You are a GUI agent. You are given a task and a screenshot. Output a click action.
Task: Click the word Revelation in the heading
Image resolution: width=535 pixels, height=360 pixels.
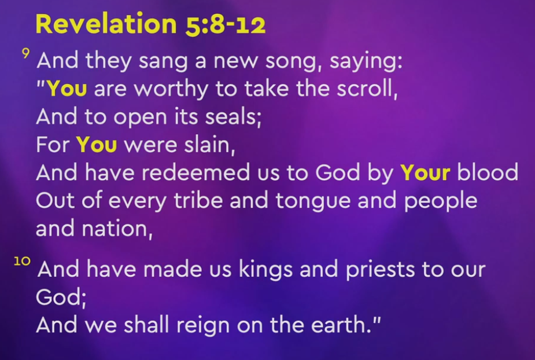106,24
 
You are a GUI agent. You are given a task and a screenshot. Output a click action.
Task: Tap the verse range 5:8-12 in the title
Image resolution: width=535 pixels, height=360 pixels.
226,24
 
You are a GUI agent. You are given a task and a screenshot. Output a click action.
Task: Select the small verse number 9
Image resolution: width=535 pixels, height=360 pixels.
25,53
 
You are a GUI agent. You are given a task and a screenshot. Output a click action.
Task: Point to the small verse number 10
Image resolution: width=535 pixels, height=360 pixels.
22,261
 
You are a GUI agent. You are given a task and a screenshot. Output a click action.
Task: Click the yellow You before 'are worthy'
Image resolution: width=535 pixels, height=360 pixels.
67,89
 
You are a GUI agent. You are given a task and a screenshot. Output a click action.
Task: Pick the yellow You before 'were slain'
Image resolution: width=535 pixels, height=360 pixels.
97,145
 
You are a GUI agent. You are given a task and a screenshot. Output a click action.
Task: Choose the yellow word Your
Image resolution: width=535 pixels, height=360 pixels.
426,172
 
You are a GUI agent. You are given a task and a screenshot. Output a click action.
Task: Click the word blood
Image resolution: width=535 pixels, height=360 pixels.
488,172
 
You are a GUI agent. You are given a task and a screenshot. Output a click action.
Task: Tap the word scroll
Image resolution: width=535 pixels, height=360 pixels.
367,89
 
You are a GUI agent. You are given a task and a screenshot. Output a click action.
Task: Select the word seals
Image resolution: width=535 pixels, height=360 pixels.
233,117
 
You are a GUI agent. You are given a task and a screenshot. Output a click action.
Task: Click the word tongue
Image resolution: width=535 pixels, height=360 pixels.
313,201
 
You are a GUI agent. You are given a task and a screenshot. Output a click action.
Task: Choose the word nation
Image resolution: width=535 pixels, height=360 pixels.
117,229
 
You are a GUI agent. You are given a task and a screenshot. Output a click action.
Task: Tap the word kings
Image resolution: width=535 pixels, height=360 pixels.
265,270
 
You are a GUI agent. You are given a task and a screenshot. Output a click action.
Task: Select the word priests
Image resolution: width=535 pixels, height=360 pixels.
381,270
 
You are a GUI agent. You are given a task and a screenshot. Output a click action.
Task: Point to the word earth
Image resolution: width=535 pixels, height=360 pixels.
342,325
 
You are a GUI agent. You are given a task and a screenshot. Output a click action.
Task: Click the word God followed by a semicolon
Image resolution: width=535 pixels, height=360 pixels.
61,297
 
